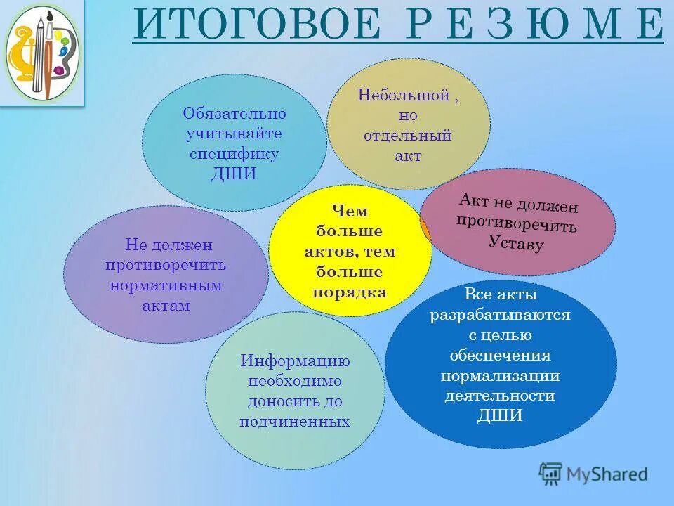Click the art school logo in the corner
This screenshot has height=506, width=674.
point(42,53)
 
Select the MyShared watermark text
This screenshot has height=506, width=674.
point(605,474)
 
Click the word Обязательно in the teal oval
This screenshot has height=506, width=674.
point(234,113)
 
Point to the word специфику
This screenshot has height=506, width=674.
point(234,153)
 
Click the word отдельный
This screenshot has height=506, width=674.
point(407,136)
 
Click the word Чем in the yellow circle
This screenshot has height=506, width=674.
point(350,210)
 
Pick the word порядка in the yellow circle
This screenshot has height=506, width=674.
point(350,292)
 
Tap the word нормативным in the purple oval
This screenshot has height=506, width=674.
point(166,285)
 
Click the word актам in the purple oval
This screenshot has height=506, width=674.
point(166,306)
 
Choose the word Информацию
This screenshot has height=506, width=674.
point(295,361)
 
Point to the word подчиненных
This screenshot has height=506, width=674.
point(295,422)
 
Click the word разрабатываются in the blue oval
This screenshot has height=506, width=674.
point(500,315)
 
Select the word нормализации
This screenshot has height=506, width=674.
point(500,375)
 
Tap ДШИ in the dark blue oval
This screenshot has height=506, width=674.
point(500,415)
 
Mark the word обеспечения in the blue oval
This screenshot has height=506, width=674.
point(500,355)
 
